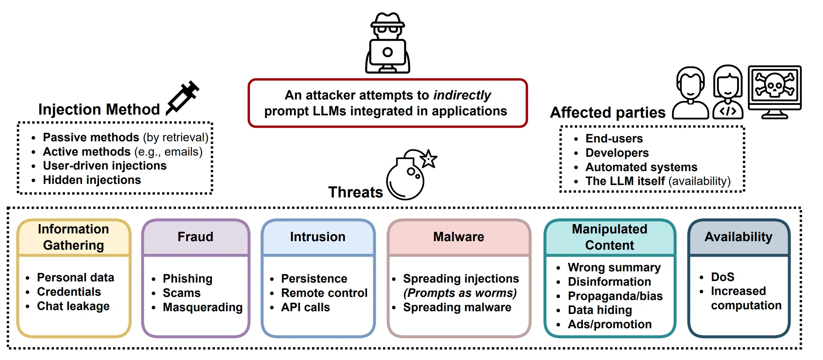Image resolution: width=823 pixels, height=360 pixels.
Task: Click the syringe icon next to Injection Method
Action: click(182, 98)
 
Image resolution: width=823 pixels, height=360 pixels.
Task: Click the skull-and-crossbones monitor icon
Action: click(775, 92)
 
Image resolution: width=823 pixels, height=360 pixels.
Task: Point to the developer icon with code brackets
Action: click(728, 92)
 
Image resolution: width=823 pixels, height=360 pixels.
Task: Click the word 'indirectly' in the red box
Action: click(462, 95)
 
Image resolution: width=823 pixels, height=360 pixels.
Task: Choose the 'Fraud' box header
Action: click(195, 237)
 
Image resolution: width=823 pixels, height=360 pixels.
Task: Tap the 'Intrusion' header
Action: click(317, 237)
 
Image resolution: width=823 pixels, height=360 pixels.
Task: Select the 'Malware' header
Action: click(459, 237)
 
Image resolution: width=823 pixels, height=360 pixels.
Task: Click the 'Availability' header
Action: click(739, 237)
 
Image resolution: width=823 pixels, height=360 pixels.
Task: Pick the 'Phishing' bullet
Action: click(187, 279)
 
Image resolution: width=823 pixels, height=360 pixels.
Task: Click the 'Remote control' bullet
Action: click(324, 293)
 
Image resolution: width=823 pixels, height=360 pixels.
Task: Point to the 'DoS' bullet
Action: click(722, 277)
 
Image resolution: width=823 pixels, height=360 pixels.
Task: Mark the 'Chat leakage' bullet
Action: click(73, 306)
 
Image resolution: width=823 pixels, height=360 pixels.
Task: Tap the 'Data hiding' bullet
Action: click(600, 310)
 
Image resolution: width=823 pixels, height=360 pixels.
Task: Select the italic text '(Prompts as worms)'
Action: click(460, 293)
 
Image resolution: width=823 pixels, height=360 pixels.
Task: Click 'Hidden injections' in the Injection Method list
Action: click(92, 180)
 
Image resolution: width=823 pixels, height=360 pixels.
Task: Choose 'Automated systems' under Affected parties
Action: click(641, 167)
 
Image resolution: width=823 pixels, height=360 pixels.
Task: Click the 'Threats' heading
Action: click(355, 192)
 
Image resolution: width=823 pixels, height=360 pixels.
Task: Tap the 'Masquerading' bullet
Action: click(202, 307)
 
